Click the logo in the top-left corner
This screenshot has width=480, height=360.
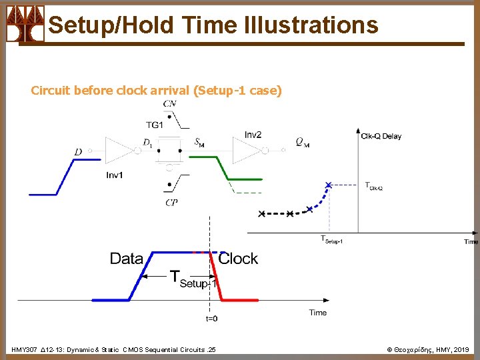pyautogui.click(x=25, y=24)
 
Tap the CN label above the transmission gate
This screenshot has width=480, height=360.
pyautogui.click(x=169, y=103)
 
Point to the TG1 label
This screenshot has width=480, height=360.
pyautogui.click(x=154, y=125)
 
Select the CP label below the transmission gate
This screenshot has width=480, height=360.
pyautogui.click(x=171, y=203)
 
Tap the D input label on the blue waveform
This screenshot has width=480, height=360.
pyautogui.click(x=78, y=153)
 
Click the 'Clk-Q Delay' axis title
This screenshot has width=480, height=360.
pyautogui.click(x=381, y=136)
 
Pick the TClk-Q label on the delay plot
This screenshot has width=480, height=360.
pyautogui.click(x=373, y=186)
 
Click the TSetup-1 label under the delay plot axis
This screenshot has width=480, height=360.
pyautogui.click(x=331, y=239)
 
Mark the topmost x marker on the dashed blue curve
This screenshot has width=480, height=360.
pyautogui.click(x=328, y=184)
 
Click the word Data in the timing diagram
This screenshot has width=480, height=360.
pyautogui.click(x=126, y=259)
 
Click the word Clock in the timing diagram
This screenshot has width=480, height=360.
pyautogui.click(x=238, y=259)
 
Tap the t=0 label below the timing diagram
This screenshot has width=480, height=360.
pyautogui.click(x=211, y=319)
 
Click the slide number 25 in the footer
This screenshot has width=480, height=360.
pyautogui.click(x=211, y=349)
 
